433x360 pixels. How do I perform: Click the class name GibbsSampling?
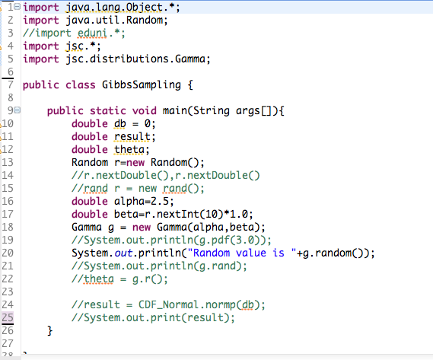point(142,84)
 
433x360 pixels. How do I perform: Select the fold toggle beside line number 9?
point(17,110)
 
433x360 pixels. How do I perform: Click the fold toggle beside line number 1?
point(17,7)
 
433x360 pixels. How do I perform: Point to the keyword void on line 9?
point(144,110)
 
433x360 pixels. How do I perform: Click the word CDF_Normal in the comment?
point(168,304)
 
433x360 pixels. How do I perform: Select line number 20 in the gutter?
point(8,253)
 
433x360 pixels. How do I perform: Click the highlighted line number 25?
point(8,317)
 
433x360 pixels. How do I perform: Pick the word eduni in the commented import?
point(92,33)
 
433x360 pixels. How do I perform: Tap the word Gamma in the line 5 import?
point(190,59)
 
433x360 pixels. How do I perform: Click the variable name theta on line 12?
point(129,149)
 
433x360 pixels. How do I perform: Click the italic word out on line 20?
point(123,253)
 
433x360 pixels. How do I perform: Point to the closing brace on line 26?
point(49,331)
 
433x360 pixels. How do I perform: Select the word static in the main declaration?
point(108,110)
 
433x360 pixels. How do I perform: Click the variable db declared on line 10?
point(120,123)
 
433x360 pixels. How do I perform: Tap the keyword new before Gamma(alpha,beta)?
point(142,227)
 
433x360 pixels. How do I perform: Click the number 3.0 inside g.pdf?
point(245,240)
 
